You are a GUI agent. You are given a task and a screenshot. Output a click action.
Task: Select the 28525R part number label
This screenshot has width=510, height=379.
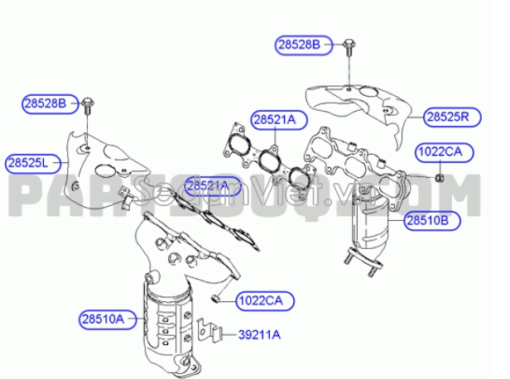[x=447, y=116]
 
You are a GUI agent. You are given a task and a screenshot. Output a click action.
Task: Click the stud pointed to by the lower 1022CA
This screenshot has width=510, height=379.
[x=217, y=296]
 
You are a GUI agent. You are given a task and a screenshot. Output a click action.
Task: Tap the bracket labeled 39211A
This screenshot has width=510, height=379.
[x=214, y=333]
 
